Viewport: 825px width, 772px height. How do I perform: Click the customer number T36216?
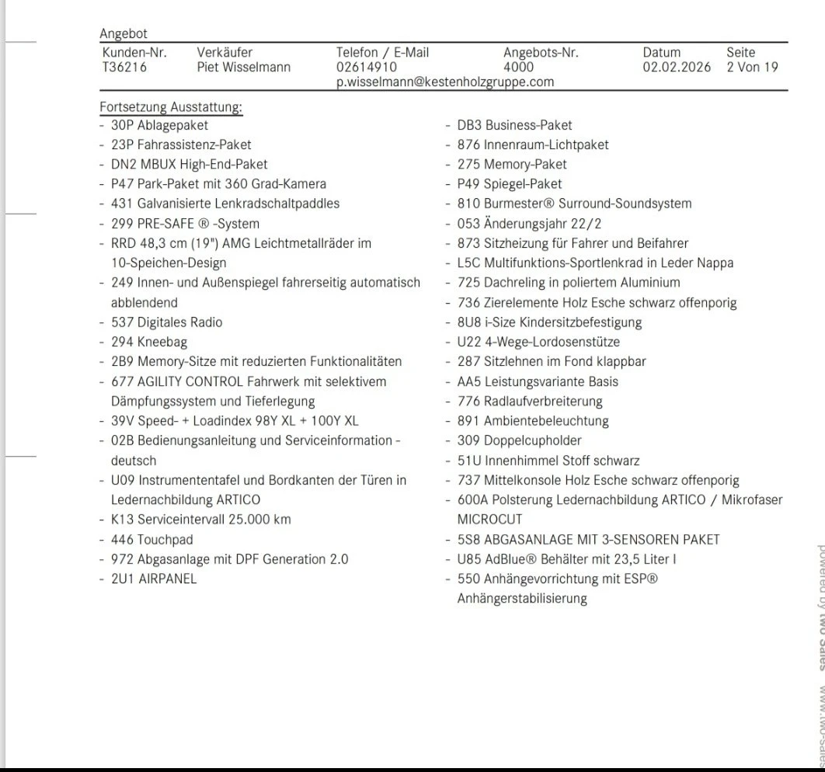(x=124, y=68)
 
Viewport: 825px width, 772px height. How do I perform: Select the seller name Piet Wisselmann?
(x=243, y=68)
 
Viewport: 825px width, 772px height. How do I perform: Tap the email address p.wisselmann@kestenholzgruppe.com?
(x=445, y=82)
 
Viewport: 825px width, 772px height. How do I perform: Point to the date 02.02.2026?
(x=677, y=68)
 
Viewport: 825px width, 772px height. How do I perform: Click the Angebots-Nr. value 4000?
(x=518, y=68)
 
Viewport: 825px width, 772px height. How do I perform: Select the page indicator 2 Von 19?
(x=752, y=68)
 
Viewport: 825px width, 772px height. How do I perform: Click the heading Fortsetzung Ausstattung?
(x=171, y=107)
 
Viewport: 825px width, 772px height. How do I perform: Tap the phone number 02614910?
(x=367, y=68)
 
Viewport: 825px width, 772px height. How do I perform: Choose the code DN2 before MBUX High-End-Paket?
(x=122, y=164)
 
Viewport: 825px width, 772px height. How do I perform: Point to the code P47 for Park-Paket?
(x=122, y=184)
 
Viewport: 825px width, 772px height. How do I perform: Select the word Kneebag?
(x=162, y=342)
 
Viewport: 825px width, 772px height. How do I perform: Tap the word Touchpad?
(x=165, y=540)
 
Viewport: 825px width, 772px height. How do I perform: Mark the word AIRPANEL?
(x=168, y=579)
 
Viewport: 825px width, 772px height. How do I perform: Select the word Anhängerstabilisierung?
(x=522, y=599)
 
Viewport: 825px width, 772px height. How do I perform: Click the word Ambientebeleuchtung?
(x=546, y=421)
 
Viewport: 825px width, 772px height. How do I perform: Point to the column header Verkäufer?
(x=225, y=53)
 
